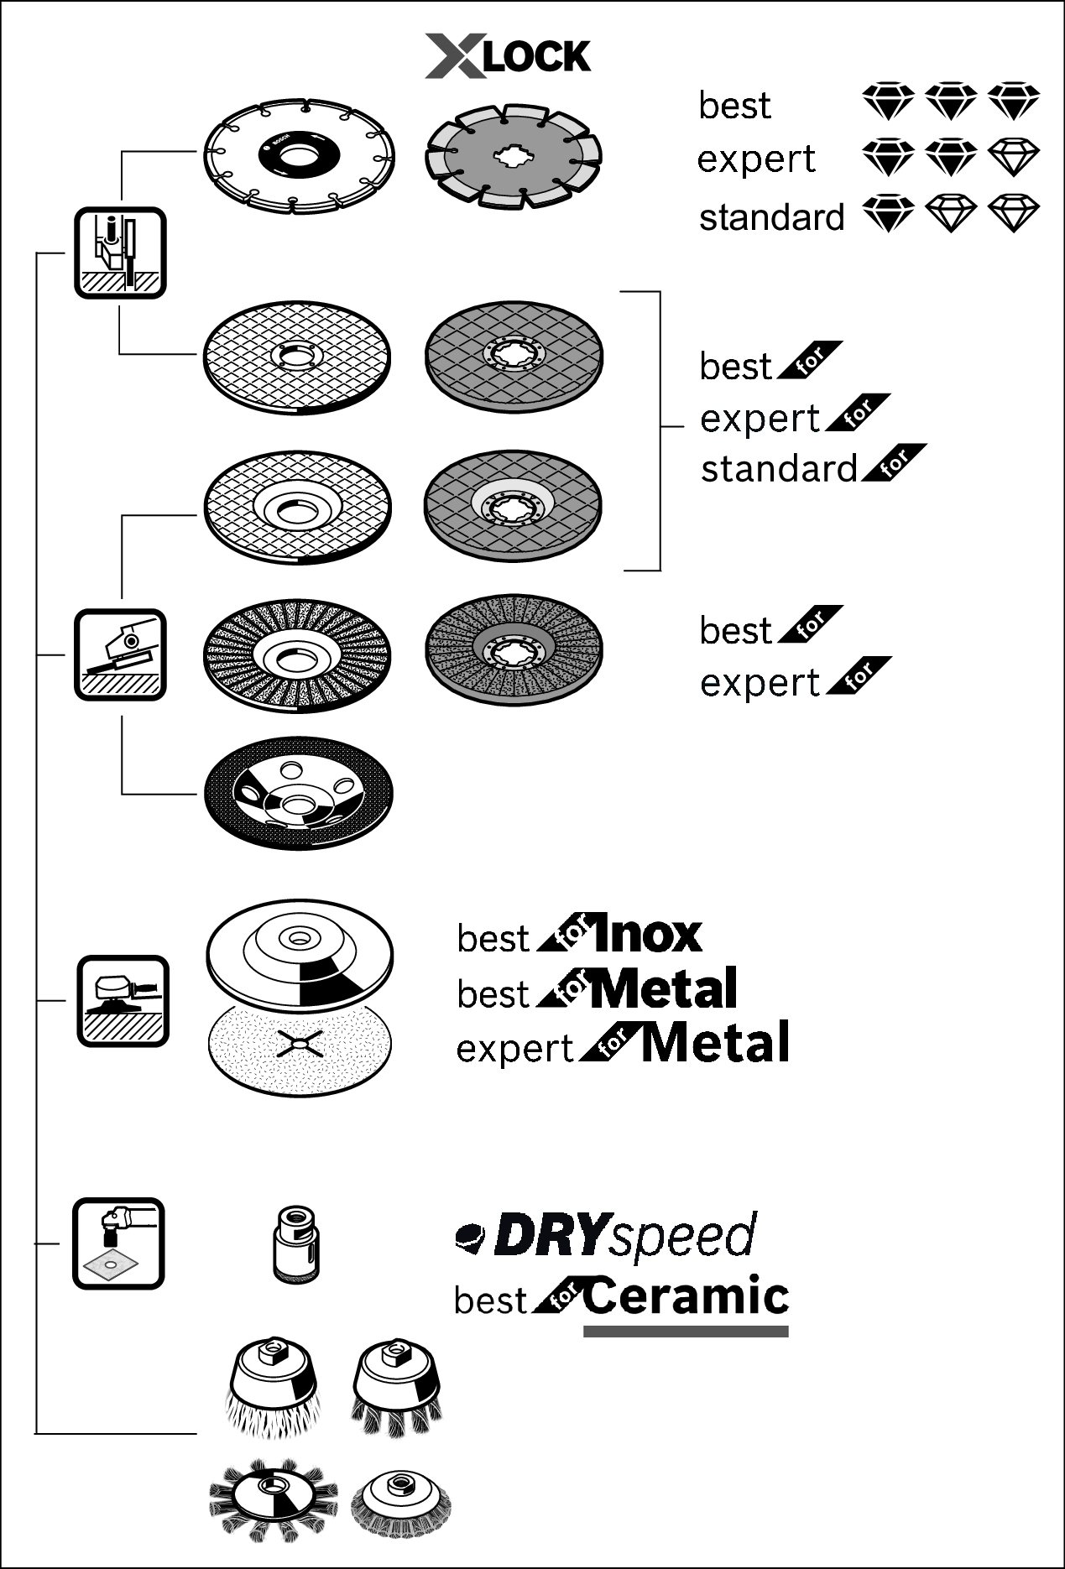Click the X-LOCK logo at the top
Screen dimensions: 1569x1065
coord(508,56)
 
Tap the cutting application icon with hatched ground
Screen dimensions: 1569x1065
coord(120,253)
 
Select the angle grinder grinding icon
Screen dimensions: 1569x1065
coord(120,654)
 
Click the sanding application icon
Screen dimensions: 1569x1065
coord(123,1000)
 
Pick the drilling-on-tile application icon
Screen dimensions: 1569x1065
coord(118,1243)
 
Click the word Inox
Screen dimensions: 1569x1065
coord(646,935)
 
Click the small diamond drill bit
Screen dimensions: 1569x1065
coord(296,1243)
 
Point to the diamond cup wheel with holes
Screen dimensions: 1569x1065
coord(298,793)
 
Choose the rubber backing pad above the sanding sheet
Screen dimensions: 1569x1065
coord(300,957)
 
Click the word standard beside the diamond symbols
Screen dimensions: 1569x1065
coord(771,217)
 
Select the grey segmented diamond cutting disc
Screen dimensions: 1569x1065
coord(514,156)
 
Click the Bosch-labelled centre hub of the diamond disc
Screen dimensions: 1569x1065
coord(298,154)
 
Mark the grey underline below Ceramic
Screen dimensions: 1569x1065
coord(686,1331)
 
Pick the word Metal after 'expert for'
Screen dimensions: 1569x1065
coord(716,1044)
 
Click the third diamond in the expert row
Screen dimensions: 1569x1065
coord(1014,158)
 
